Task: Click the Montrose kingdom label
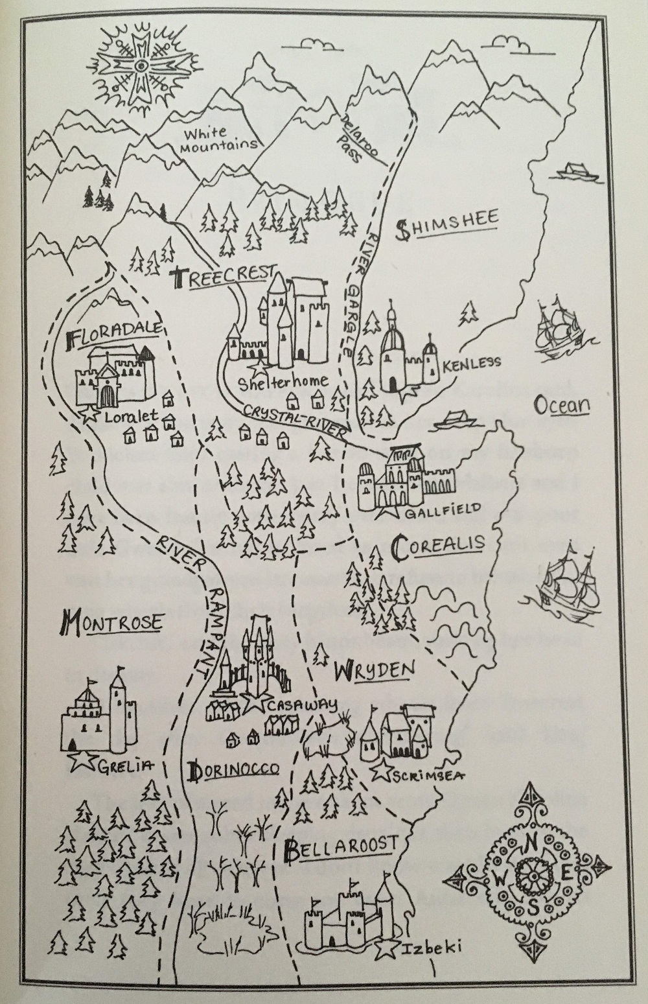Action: coord(110,624)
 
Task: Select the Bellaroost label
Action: coord(340,848)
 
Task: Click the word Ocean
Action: coord(561,406)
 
